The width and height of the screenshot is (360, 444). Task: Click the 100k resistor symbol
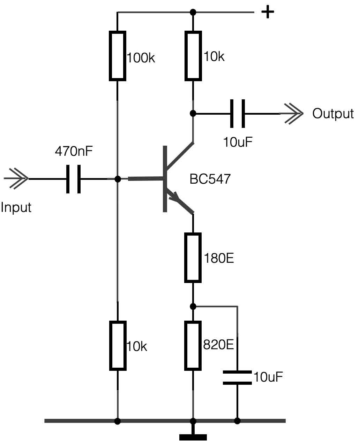(118, 56)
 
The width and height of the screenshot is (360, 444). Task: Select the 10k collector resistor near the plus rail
(193, 56)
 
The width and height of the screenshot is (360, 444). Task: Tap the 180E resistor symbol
(193, 258)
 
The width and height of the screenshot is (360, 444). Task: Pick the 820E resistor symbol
(193, 345)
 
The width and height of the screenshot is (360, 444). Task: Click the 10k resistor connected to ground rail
(118, 346)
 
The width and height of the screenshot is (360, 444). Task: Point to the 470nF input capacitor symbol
(74, 179)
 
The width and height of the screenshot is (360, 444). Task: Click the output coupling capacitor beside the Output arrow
(238, 113)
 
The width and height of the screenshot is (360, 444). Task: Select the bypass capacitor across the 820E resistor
(237, 378)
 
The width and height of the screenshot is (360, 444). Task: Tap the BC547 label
(210, 179)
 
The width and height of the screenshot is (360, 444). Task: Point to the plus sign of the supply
(268, 13)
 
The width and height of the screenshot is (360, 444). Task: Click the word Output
(333, 114)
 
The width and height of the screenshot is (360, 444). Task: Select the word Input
(16, 207)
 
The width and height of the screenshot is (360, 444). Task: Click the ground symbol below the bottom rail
(193, 437)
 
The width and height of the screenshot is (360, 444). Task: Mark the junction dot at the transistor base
(118, 179)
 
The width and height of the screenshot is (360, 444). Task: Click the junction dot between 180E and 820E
(193, 306)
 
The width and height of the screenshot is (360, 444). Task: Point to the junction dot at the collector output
(193, 113)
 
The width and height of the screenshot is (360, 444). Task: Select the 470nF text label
(74, 152)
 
